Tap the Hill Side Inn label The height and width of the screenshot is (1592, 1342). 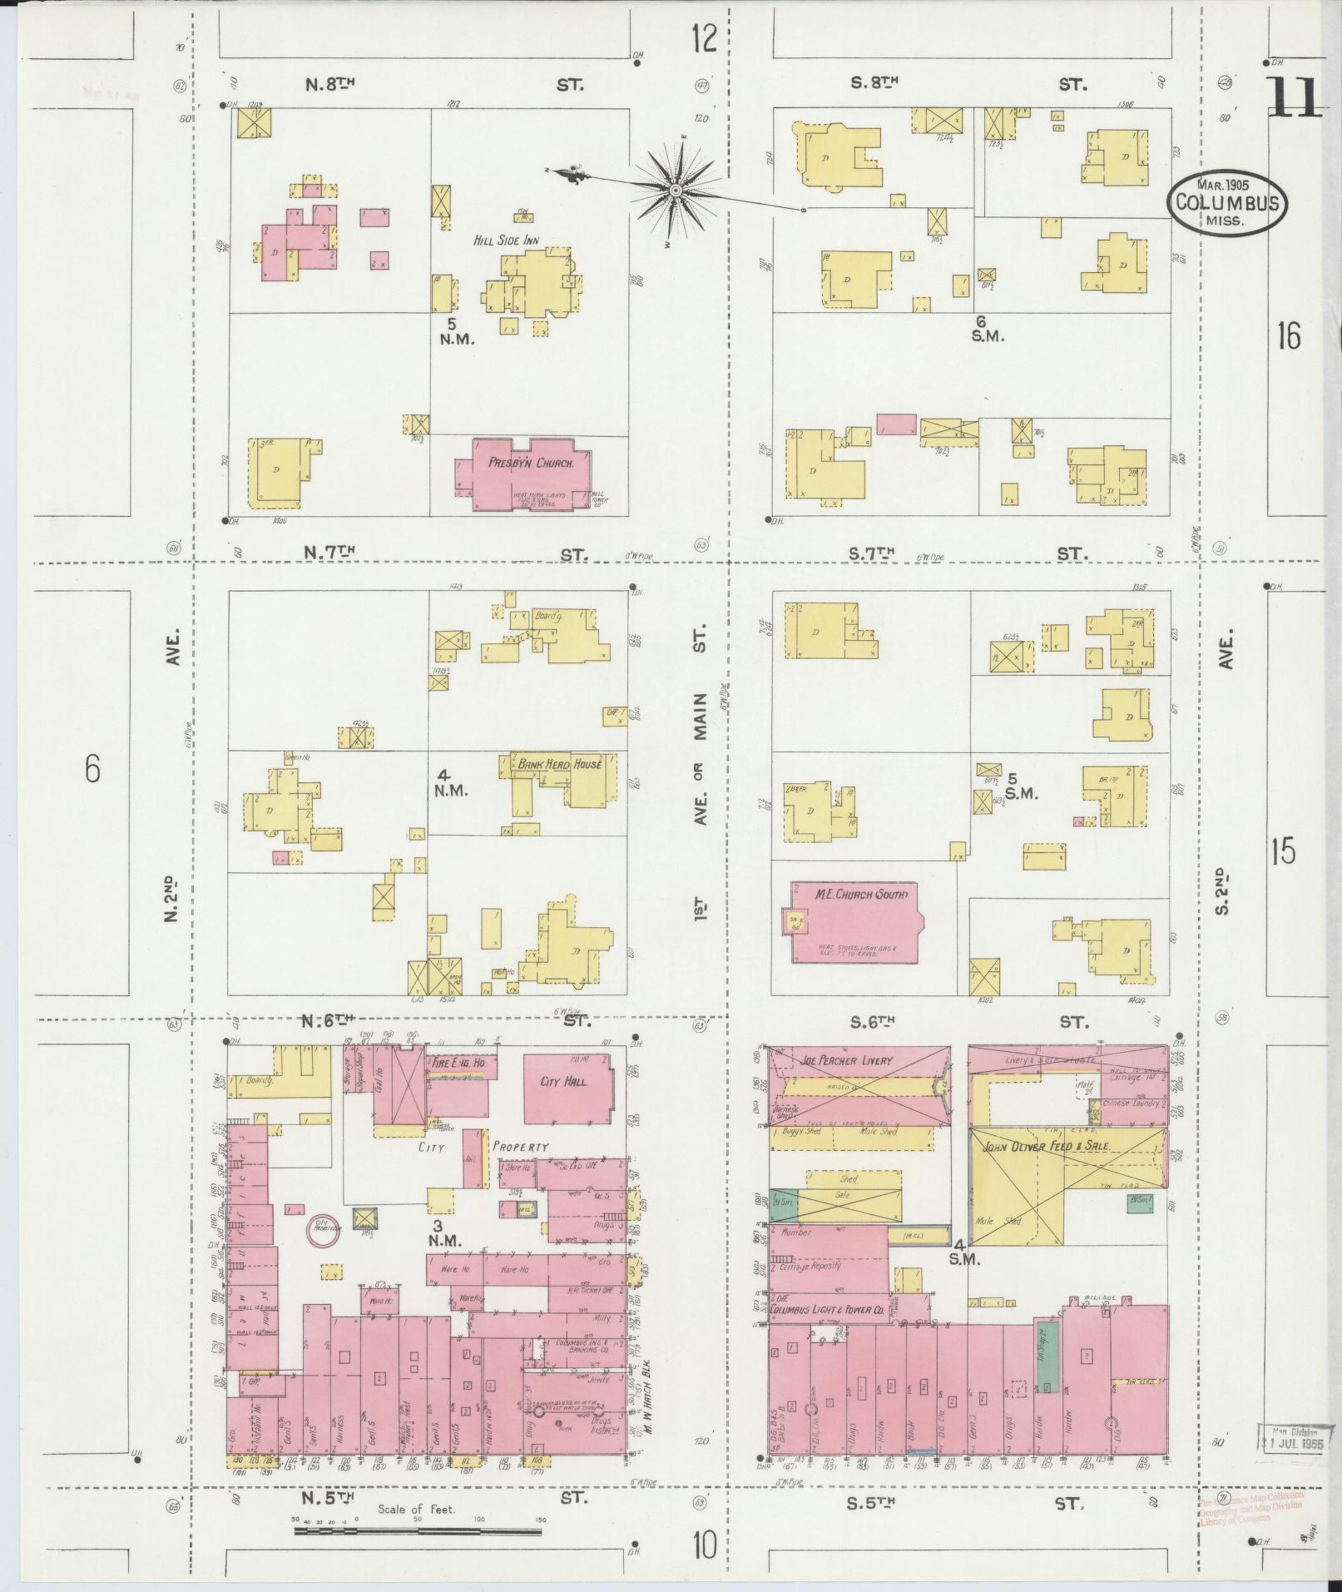click(x=506, y=241)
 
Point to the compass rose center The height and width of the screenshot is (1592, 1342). click(x=676, y=191)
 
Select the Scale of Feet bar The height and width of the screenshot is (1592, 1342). click(x=418, y=1529)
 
